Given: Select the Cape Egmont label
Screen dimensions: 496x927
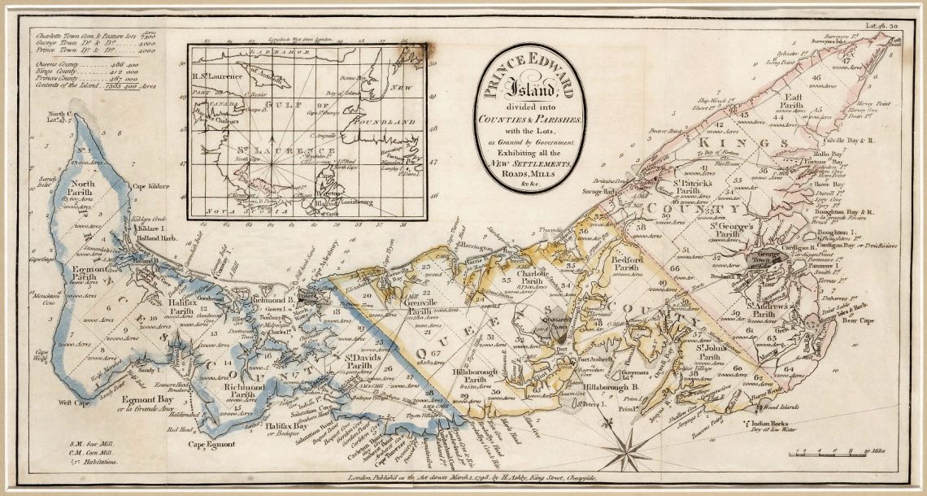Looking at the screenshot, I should [x=212, y=444].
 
